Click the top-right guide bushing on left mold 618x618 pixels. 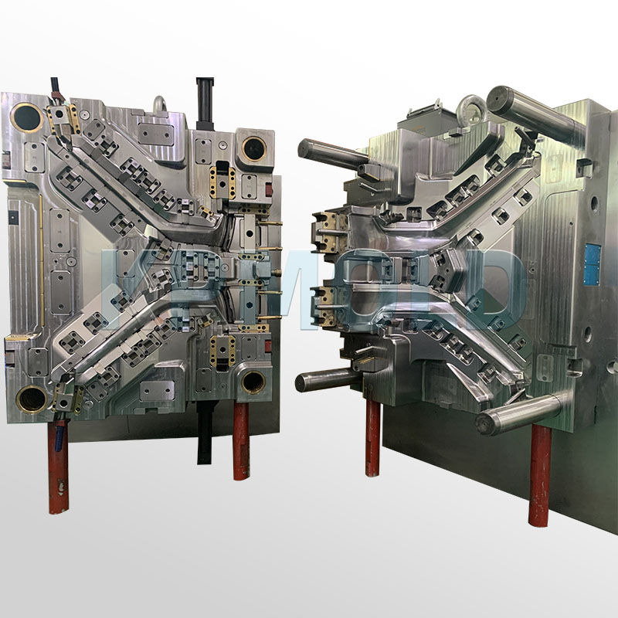pos(253,147)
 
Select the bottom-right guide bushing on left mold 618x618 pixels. pos(253,381)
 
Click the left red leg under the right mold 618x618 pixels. pos(373,436)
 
